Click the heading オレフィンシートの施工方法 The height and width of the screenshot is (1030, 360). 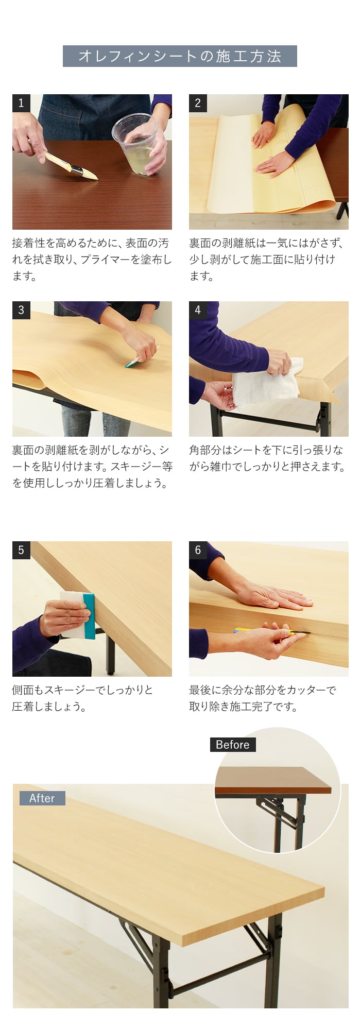click(180, 56)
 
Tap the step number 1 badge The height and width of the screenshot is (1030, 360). click(21, 103)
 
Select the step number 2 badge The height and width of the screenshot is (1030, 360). click(198, 103)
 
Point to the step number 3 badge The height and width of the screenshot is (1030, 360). click(21, 310)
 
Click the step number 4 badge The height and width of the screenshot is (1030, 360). click(198, 310)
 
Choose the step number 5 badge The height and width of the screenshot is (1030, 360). click(21, 550)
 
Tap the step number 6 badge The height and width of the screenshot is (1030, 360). click(198, 550)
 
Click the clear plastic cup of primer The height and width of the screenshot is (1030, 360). click(135, 144)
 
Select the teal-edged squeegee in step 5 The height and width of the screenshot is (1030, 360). click(78, 615)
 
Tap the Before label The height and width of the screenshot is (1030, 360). click(232, 745)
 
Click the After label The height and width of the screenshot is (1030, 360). click(42, 798)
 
